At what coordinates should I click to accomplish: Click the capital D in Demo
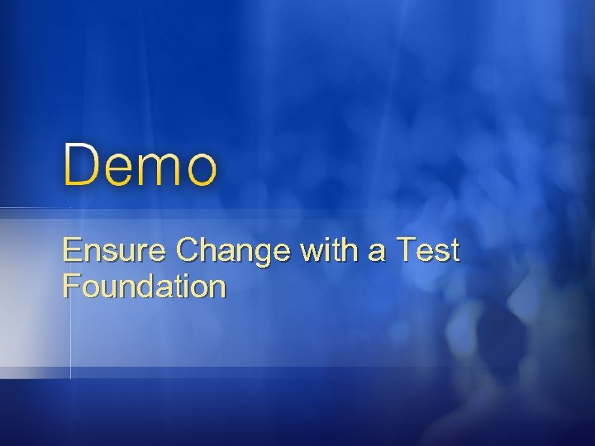(80, 164)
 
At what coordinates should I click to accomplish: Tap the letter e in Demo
(118, 168)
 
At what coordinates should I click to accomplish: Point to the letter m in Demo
(159, 168)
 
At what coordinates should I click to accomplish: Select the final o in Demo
(201, 168)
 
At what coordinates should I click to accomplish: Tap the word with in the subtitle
(321, 250)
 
